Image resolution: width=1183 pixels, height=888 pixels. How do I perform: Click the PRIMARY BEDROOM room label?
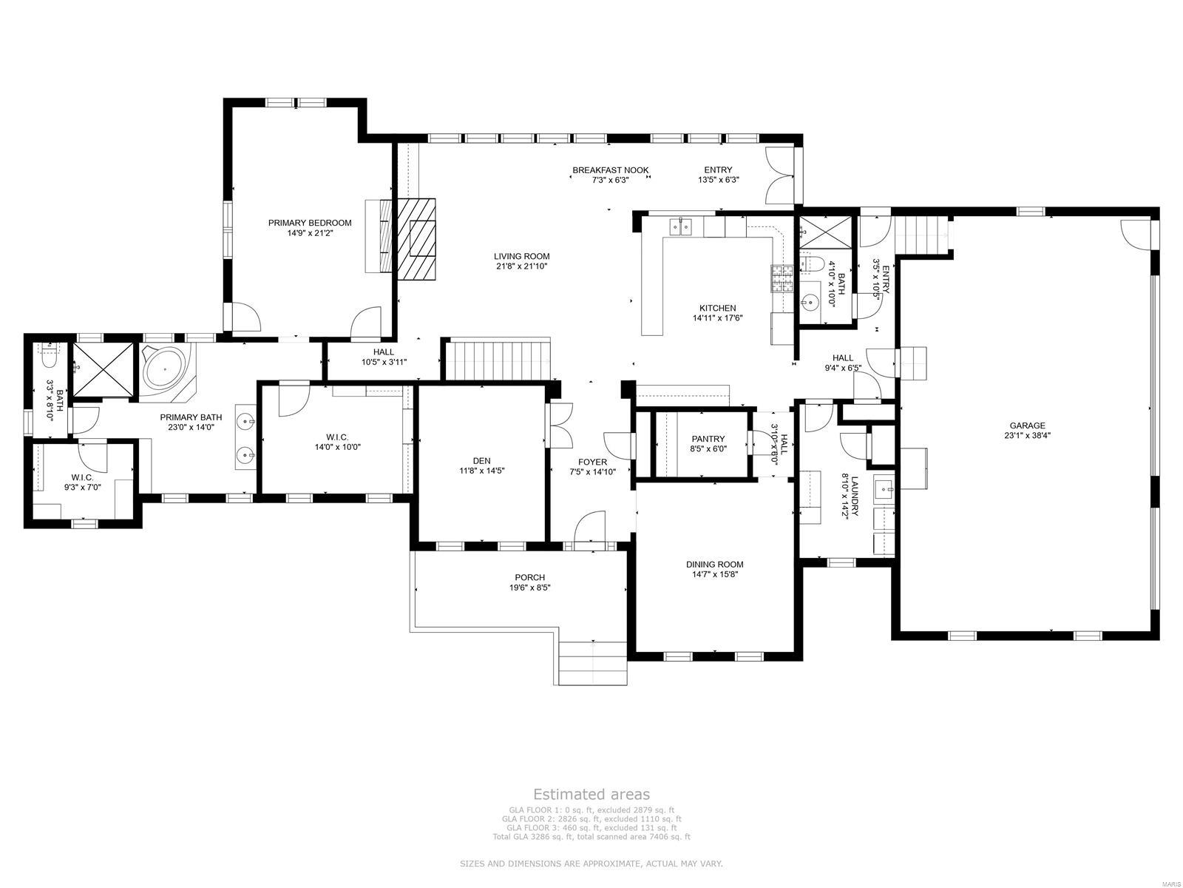(310, 223)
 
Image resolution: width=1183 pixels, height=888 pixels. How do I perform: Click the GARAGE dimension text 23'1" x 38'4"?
(1028, 436)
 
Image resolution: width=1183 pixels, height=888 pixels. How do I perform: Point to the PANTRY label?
(708, 439)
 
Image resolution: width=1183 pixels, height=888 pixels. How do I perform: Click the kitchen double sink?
(681, 226)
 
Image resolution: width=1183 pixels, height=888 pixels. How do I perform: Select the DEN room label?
(481, 460)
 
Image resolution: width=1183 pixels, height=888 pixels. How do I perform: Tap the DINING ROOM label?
(714, 565)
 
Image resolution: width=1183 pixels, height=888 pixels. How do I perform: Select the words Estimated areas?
(591, 794)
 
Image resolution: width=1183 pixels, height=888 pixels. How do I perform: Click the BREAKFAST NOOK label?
(610, 170)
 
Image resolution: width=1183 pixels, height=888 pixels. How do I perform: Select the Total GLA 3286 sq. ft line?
(591, 837)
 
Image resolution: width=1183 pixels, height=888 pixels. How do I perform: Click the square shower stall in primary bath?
(104, 369)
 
